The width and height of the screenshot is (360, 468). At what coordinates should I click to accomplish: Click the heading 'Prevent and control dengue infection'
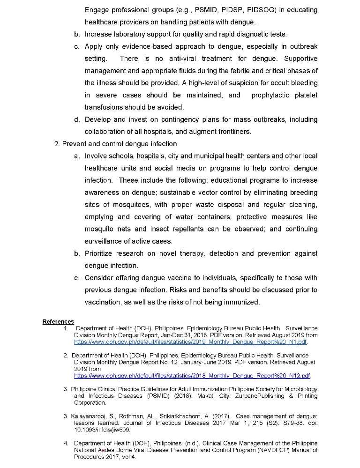120,144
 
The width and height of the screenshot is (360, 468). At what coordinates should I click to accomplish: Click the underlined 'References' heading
58,321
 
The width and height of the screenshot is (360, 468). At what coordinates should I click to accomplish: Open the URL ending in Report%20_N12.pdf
192,376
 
